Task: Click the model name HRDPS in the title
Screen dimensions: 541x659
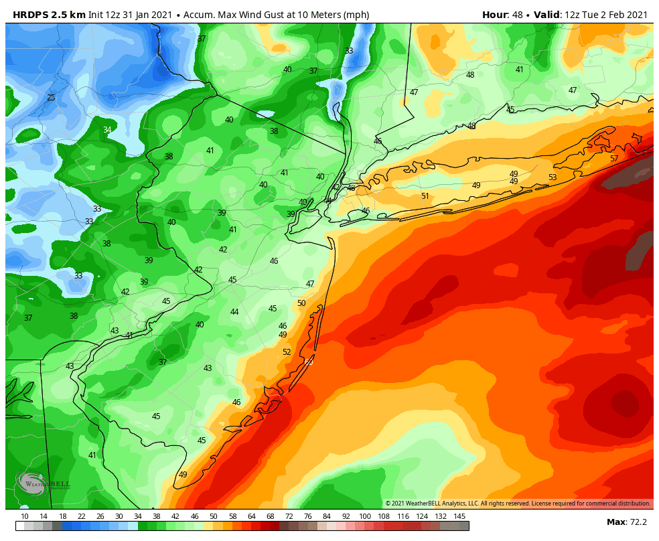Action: (x=25, y=15)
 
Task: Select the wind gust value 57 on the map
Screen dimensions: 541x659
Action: (x=614, y=159)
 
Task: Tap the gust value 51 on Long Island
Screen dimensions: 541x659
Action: (x=425, y=196)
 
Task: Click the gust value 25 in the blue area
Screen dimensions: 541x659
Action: (x=51, y=98)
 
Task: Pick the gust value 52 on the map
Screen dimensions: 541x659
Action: (x=287, y=352)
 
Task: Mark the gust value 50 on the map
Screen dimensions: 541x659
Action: (x=301, y=303)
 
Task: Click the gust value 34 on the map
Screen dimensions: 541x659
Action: (x=107, y=130)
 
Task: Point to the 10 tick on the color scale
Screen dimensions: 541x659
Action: (x=25, y=516)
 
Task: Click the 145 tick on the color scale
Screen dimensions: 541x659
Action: (x=459, y=516)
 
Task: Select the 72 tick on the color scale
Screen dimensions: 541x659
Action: (x=289, y=516)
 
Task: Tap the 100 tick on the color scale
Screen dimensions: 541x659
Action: (x=365, y=516)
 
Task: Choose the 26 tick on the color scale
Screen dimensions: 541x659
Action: (x=100, y=516)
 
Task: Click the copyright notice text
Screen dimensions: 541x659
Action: (x=517, y=504)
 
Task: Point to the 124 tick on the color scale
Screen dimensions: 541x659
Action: (x=422, y=516)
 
